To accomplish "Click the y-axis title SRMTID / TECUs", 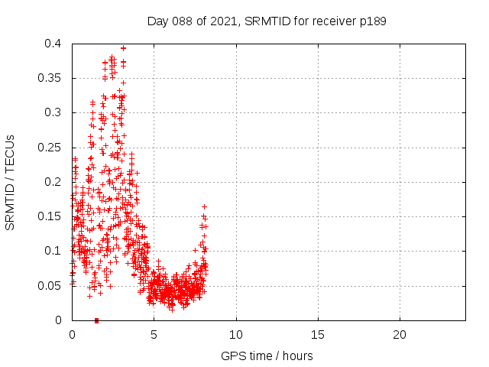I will tap(11, 181).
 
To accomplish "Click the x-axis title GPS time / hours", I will tap(267, 356).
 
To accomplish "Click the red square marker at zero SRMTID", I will tap(96, 320).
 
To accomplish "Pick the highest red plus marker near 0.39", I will tap(123, 47).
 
